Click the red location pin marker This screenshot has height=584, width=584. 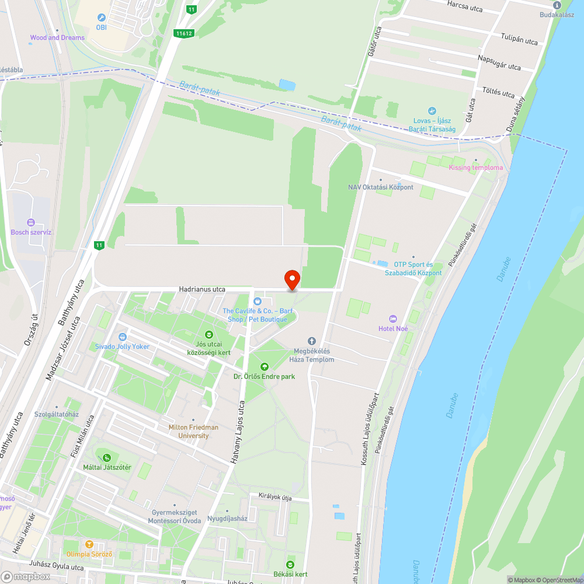tap(291, 280)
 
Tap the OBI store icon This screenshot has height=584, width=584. tap(102, 18)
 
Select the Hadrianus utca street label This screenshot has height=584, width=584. tap(202, 289)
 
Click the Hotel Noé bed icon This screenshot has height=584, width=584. tap(392, 319)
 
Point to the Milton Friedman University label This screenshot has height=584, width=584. tap(193, 431)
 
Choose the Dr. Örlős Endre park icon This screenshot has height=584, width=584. tap(264, 367)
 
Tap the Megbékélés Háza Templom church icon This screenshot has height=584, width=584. tap(311, 340)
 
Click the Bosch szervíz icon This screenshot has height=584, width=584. tap(31, 223)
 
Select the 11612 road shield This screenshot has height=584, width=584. tap(183, 33)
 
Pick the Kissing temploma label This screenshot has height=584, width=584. tap(475, 168)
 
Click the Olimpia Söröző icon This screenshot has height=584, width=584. tap(89, 544)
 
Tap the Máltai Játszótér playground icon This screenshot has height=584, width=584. tap(106, 458)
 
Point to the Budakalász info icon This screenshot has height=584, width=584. tap(557, 5)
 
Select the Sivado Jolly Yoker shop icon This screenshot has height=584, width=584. tap(122, 337)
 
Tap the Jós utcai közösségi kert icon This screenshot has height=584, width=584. tap(209, 335)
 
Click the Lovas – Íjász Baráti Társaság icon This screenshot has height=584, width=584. tap(432, 111)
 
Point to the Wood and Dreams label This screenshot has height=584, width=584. tap(57, 37)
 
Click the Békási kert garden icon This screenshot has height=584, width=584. tap(290, 565)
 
